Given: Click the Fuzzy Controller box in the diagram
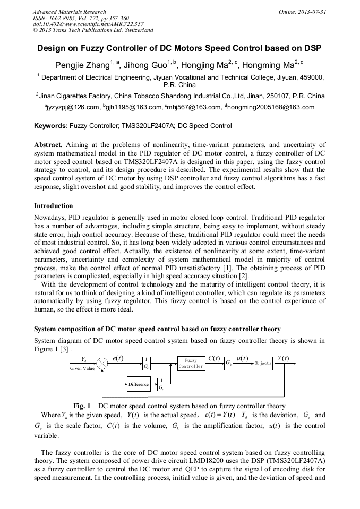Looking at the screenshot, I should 191,363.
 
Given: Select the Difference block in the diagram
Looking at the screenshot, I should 138,385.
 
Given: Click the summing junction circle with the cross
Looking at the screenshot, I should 102,363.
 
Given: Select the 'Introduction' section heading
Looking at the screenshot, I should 54,206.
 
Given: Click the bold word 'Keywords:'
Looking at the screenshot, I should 51,126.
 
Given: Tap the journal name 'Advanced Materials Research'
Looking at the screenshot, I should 69,11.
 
